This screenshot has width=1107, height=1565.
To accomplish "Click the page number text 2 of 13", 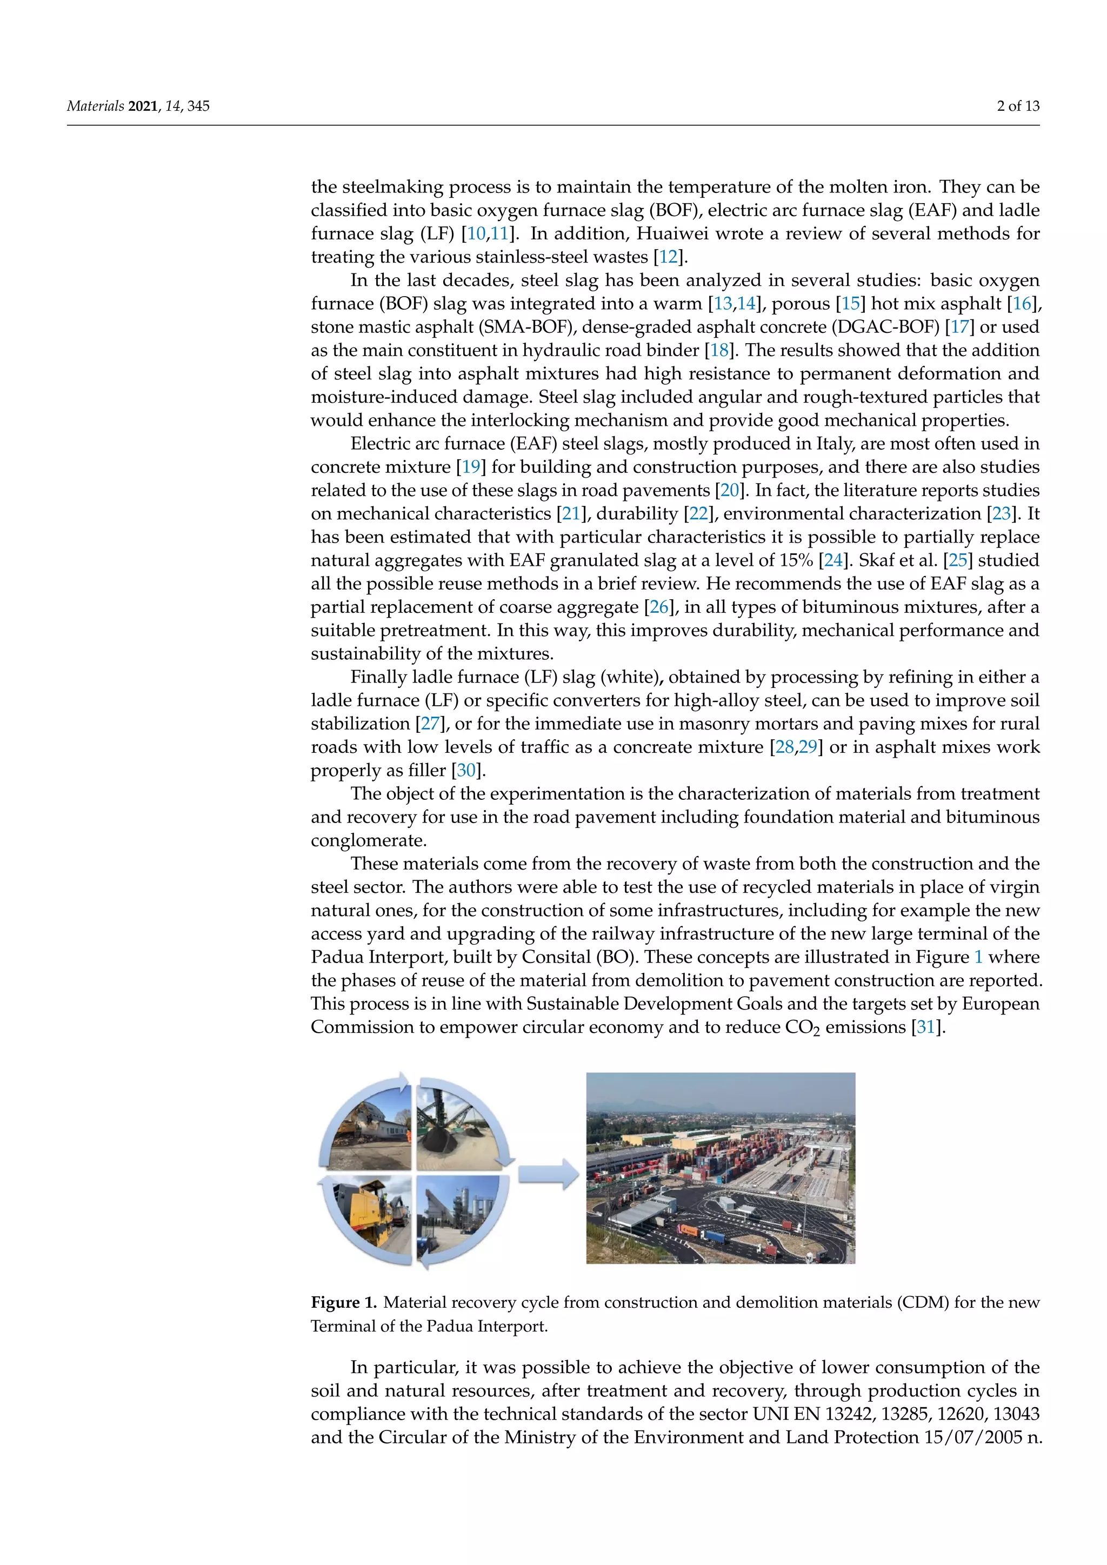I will tap(1018, 106).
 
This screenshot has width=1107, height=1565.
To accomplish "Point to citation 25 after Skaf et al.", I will tap(958, 561).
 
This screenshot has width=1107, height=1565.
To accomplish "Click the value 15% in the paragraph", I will tap(796, 561).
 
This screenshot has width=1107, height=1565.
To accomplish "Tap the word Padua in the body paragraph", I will tap(337, 958).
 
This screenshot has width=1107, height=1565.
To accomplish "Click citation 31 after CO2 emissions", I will tap(926, 1028).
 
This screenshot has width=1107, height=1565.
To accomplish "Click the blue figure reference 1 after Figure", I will tap(978, 958).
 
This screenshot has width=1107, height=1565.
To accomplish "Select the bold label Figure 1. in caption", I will tap(344, 1302).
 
